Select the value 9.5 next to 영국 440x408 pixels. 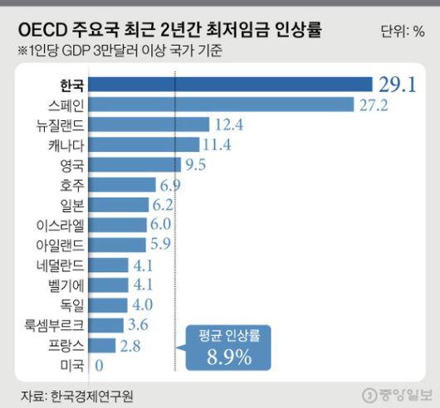(x=196, y=164)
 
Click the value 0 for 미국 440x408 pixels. (x=100, y=364)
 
